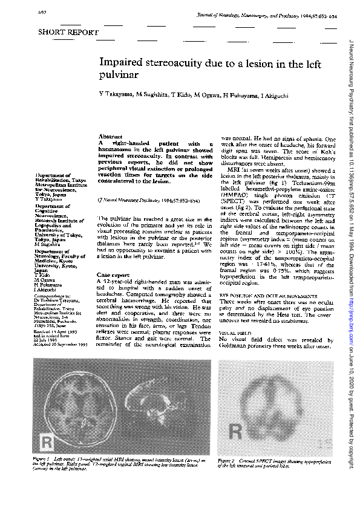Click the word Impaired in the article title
tap(123, 63)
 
